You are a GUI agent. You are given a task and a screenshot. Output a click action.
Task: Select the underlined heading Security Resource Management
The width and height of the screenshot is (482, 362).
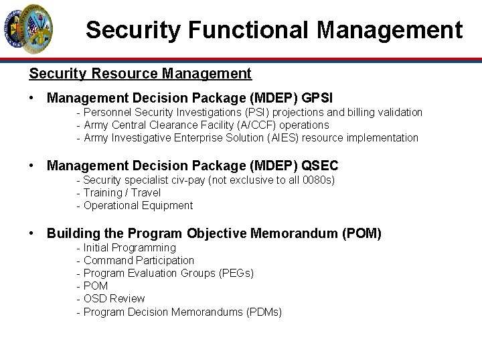click(140, 72)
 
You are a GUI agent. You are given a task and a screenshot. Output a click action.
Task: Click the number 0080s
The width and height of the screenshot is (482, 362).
click(319, 180)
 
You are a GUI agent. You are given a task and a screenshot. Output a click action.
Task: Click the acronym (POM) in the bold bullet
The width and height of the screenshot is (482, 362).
click(361, 233)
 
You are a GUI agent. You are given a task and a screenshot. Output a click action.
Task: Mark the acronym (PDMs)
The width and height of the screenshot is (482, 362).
click(264, 312)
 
